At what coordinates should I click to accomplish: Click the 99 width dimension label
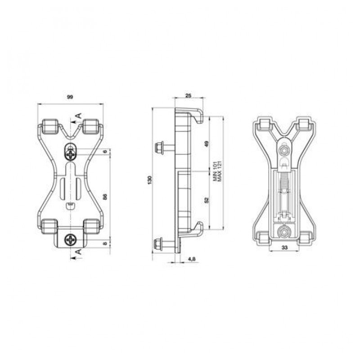(70, 97)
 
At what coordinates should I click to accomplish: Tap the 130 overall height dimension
(150, 180)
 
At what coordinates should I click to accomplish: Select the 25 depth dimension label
(188, 95)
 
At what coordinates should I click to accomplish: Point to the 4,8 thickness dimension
(192, 259)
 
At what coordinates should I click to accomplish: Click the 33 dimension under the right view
(284, 247)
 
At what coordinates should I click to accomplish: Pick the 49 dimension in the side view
(207, 144)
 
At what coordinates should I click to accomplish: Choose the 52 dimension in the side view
(207, 200)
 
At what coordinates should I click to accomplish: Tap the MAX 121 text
(220, 171)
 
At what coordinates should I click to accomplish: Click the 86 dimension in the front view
(105, 197)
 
